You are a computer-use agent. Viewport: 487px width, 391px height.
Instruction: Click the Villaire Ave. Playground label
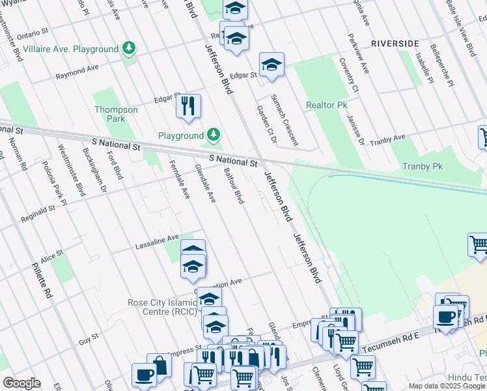(x=70, y=49)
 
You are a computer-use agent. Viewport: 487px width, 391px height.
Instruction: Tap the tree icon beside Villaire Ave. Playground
(x=130, y=48)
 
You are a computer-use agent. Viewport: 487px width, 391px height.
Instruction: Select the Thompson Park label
(x=116, y=115)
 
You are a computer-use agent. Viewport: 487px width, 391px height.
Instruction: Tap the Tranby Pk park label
(x=422, y=167)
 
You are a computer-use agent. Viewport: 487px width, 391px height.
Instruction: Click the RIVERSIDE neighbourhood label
(x=395, y=44)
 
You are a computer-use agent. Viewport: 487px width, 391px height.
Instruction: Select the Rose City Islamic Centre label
(x=162, y=307)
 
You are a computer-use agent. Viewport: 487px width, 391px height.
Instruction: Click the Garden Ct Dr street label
(x=267, y=124)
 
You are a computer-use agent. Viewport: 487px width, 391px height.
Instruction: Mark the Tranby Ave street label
(x=387, y=140)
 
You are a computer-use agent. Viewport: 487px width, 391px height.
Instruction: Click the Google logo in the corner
(x=21, y=383)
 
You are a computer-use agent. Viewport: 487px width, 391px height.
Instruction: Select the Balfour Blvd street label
(x=233, y=186)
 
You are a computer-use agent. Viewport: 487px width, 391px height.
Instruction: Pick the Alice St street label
(x=51, y=255)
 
